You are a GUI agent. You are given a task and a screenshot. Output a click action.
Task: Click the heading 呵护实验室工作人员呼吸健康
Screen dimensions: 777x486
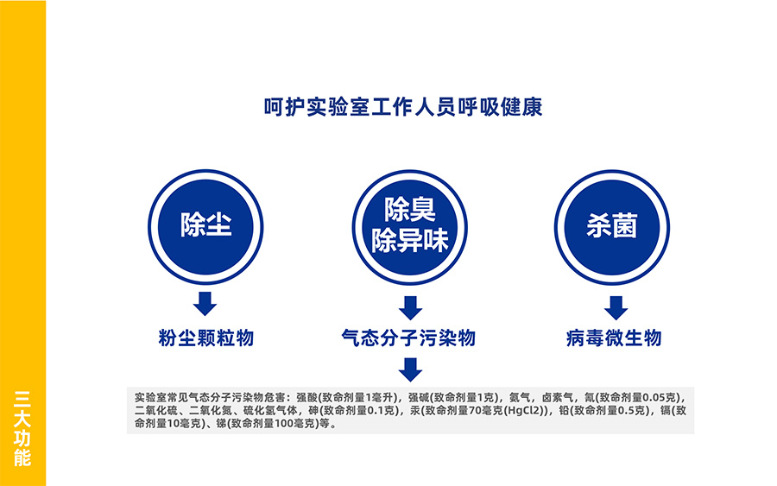(x=403, y=107)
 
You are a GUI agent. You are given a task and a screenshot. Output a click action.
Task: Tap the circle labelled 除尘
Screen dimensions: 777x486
(x=205, y=227)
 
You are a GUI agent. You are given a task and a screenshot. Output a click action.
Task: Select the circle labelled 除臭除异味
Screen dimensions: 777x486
(x=410, y=227)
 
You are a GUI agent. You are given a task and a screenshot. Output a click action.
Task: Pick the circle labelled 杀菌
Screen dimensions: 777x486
(x=612, y=227)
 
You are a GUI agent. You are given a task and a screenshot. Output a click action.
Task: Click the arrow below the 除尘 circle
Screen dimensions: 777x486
(x=205, y=304)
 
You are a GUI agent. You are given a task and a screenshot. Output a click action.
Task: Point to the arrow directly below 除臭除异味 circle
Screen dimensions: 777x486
(x=410, y=308)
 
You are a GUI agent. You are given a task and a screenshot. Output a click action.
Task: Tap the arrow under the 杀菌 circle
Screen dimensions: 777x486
(x=616, y=308)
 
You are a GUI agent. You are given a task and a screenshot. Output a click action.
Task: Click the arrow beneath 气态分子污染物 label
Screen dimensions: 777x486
(x=410, y=369)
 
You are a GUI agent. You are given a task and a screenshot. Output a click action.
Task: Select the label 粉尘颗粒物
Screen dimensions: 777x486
(x=206, y=338)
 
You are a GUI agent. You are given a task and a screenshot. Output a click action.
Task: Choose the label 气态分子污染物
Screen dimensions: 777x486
(x=409, y=338)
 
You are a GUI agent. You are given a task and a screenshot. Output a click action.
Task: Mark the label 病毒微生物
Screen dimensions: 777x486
(x=614, y=338)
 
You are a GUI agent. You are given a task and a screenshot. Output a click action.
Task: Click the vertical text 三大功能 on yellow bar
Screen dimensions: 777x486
(x=22, y=428)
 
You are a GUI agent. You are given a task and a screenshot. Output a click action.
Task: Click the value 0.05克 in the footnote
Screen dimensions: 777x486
(x=660, y=397)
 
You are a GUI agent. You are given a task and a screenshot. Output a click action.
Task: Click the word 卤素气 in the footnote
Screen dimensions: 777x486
(x=557, y=397)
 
